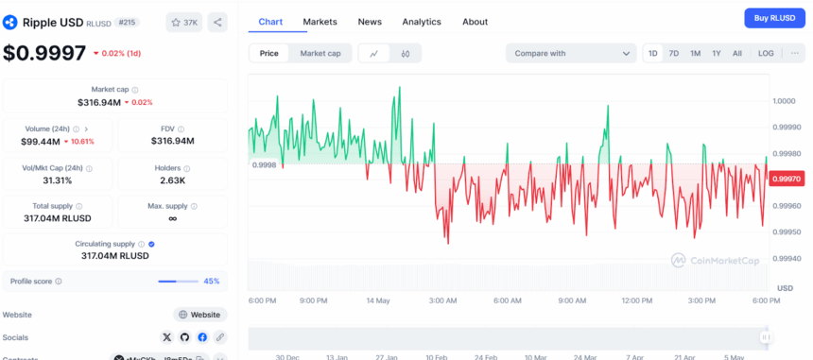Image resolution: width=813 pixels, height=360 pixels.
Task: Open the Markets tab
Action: click(x=320, y=22)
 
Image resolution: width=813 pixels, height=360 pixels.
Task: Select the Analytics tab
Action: click(x=421, y=22)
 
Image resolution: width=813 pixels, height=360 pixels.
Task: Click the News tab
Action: click(x=370, y=22)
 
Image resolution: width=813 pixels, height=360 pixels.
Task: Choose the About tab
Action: click(x=475, y=22)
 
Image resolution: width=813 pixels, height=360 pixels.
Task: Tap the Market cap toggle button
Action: click(x=320, y=54)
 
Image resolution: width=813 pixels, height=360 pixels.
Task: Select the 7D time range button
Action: click(x=673, y=54)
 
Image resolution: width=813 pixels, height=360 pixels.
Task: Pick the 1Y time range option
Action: click(x=716, y=54)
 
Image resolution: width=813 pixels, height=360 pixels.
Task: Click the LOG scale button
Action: click(x=765, y=54)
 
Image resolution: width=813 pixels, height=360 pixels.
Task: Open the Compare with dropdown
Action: click(x=571, y=54)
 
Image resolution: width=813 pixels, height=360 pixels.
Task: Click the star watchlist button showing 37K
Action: click(x=182, y=22)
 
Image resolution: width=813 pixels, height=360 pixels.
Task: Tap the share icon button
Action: click(x=216, y=22)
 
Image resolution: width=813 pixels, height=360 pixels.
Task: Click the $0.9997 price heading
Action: click(x=44, y=54)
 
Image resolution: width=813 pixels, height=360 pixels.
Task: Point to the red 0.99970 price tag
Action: click(x=786, y=179)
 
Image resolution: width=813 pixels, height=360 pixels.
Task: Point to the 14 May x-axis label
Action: click(x=377, y=300)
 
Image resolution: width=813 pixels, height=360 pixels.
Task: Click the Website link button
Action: click(x=199, y=315)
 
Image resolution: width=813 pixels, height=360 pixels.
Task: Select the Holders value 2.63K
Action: click(x=173, y=180)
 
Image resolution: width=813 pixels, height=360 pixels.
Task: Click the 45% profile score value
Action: click(x=212, y=281)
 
